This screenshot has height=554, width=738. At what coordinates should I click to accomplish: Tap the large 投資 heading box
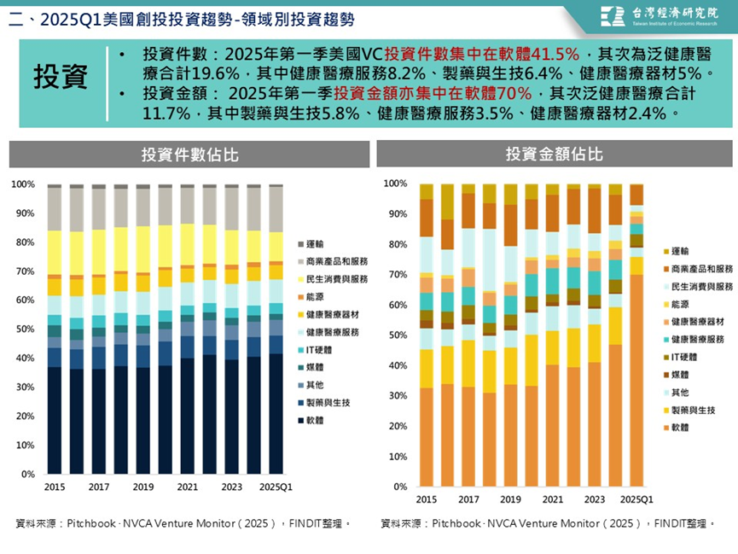click(x=61, y=77)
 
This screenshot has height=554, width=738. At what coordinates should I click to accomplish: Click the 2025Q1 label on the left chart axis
click(x=276, y=487)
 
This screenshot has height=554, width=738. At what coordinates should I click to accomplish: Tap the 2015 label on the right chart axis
click(x=427, y=499)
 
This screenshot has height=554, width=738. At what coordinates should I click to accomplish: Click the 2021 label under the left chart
click(x=188, y=487)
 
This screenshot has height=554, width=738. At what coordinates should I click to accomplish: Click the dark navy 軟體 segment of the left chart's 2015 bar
click(x=54, y=418)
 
